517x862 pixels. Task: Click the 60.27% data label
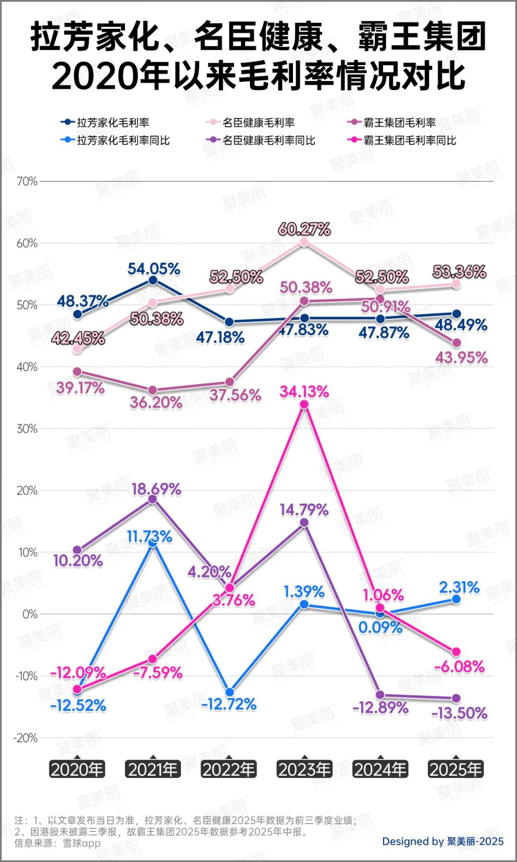304,229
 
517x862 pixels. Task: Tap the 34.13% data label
304,392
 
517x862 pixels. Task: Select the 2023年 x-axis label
304,770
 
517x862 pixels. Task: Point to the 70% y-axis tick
27,181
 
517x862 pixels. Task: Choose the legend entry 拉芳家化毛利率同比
123,140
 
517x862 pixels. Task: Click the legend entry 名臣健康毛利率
258,123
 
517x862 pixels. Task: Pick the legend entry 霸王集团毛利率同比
410,140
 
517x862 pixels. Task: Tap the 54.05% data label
154,269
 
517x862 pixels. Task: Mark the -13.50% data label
460,714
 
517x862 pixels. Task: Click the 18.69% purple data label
157,489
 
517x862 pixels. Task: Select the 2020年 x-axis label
77,770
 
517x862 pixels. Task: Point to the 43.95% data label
461,358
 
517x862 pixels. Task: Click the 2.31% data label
460,587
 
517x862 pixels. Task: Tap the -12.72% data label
229,704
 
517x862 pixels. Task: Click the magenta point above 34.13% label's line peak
304,405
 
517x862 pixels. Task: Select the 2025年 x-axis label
456,770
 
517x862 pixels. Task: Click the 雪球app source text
82,843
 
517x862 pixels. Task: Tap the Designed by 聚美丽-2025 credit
443,841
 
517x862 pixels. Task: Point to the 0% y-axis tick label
30,614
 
